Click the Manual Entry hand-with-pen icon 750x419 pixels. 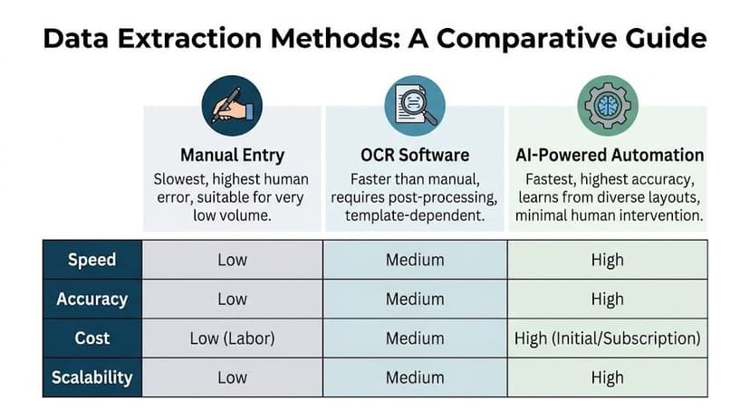(233, 105)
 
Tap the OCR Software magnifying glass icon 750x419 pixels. (415, 105)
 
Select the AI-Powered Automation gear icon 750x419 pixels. (607, 105)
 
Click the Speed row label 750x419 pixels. (91, 260)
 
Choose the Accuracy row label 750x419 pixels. (91, 299)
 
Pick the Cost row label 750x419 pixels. (91, 338)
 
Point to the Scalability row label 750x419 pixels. (91, 376)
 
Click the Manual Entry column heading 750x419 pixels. (233, 155)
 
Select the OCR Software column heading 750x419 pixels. (415, 155)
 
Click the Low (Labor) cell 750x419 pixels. (233, 338)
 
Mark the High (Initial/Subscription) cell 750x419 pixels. (607, 338)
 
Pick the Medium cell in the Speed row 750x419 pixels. (415, 260)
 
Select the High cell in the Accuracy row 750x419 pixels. (607, 299)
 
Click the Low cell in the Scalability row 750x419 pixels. (233, 376)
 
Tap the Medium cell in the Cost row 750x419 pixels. (415, 338)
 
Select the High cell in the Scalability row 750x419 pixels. (607, 376)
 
